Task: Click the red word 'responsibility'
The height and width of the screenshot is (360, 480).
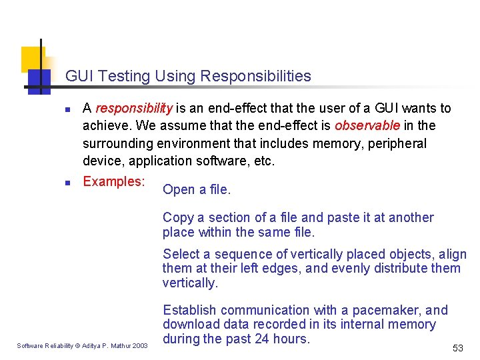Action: (x=134, y=109)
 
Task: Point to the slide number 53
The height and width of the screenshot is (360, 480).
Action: (x=457, y=348)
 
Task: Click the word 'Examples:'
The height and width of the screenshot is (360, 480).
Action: (x=114, y=181)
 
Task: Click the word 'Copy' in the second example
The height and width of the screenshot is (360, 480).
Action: (x=178, y=218)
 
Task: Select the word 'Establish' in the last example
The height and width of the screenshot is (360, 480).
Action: (x=189, y=310)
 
